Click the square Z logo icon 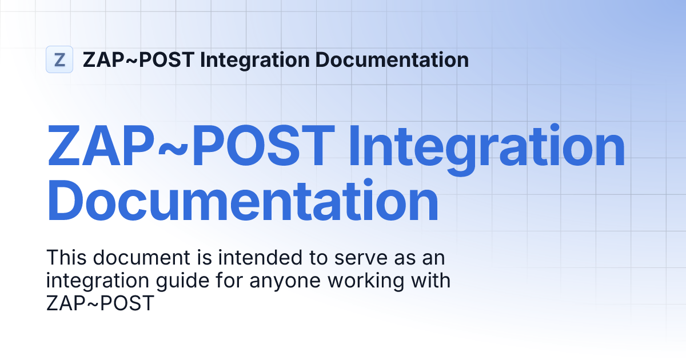tap(59, 59)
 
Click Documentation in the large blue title tap(242, 201)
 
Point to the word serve tap(351, 258)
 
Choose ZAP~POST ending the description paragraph tap(100, 303)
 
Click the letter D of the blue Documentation tap(70, 201)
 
